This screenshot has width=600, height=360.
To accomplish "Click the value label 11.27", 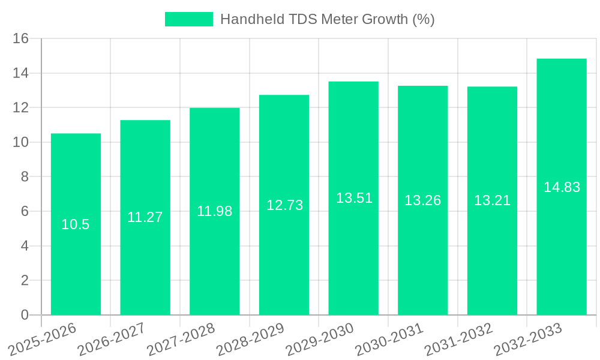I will click(145, 217).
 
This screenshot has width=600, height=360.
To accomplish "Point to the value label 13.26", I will click(422, 200).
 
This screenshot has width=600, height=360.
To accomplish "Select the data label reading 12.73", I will click(284, 205).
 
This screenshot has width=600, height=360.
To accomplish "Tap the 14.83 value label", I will click(562, 187).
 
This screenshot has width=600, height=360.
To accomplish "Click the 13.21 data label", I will click(492, 201).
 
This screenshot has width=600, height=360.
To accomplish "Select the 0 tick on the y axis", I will click(25, 315).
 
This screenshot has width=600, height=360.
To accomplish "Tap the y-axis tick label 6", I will click(25, 212).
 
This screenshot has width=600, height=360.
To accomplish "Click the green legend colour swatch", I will click(189, 20).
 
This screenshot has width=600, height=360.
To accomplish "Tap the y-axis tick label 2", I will click(25, 281).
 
